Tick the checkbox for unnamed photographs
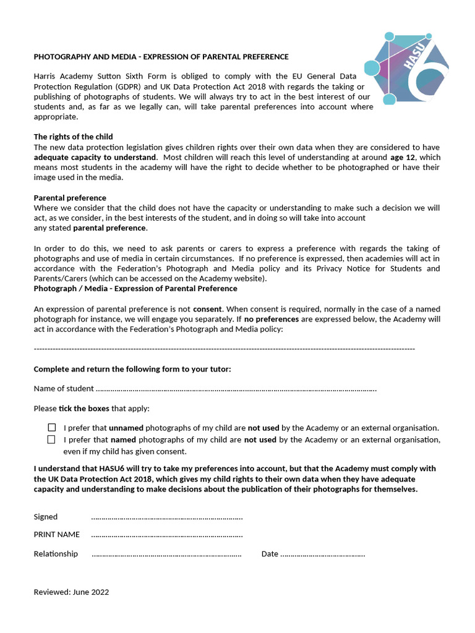[51, 427]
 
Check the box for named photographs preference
[51, 440]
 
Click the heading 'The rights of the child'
[73, 137]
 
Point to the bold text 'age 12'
[403, 157]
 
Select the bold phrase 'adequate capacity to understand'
[95, 157]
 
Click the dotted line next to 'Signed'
[166, 517]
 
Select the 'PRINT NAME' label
[56, 534]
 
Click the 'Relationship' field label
[56, 554]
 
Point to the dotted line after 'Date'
[322, 554]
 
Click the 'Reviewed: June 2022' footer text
[71, 592]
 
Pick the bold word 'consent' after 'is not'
[207, 308]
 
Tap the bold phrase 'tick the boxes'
[83, 409]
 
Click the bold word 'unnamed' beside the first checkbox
[126, 428]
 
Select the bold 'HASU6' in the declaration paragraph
[102, 469]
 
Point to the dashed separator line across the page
[224, 349]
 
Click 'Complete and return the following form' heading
[132, 369]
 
